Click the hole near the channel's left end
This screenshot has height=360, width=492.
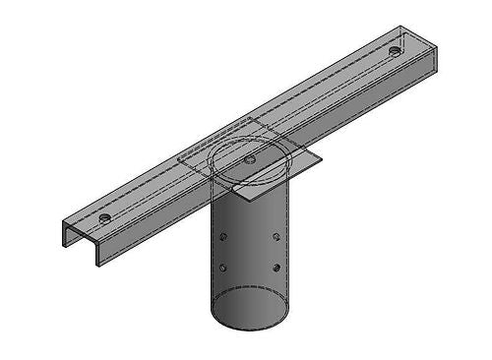(x=105, y=216)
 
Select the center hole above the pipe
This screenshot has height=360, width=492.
(x=250, y=158)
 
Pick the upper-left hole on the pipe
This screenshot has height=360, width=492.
(x=225, y=237)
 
